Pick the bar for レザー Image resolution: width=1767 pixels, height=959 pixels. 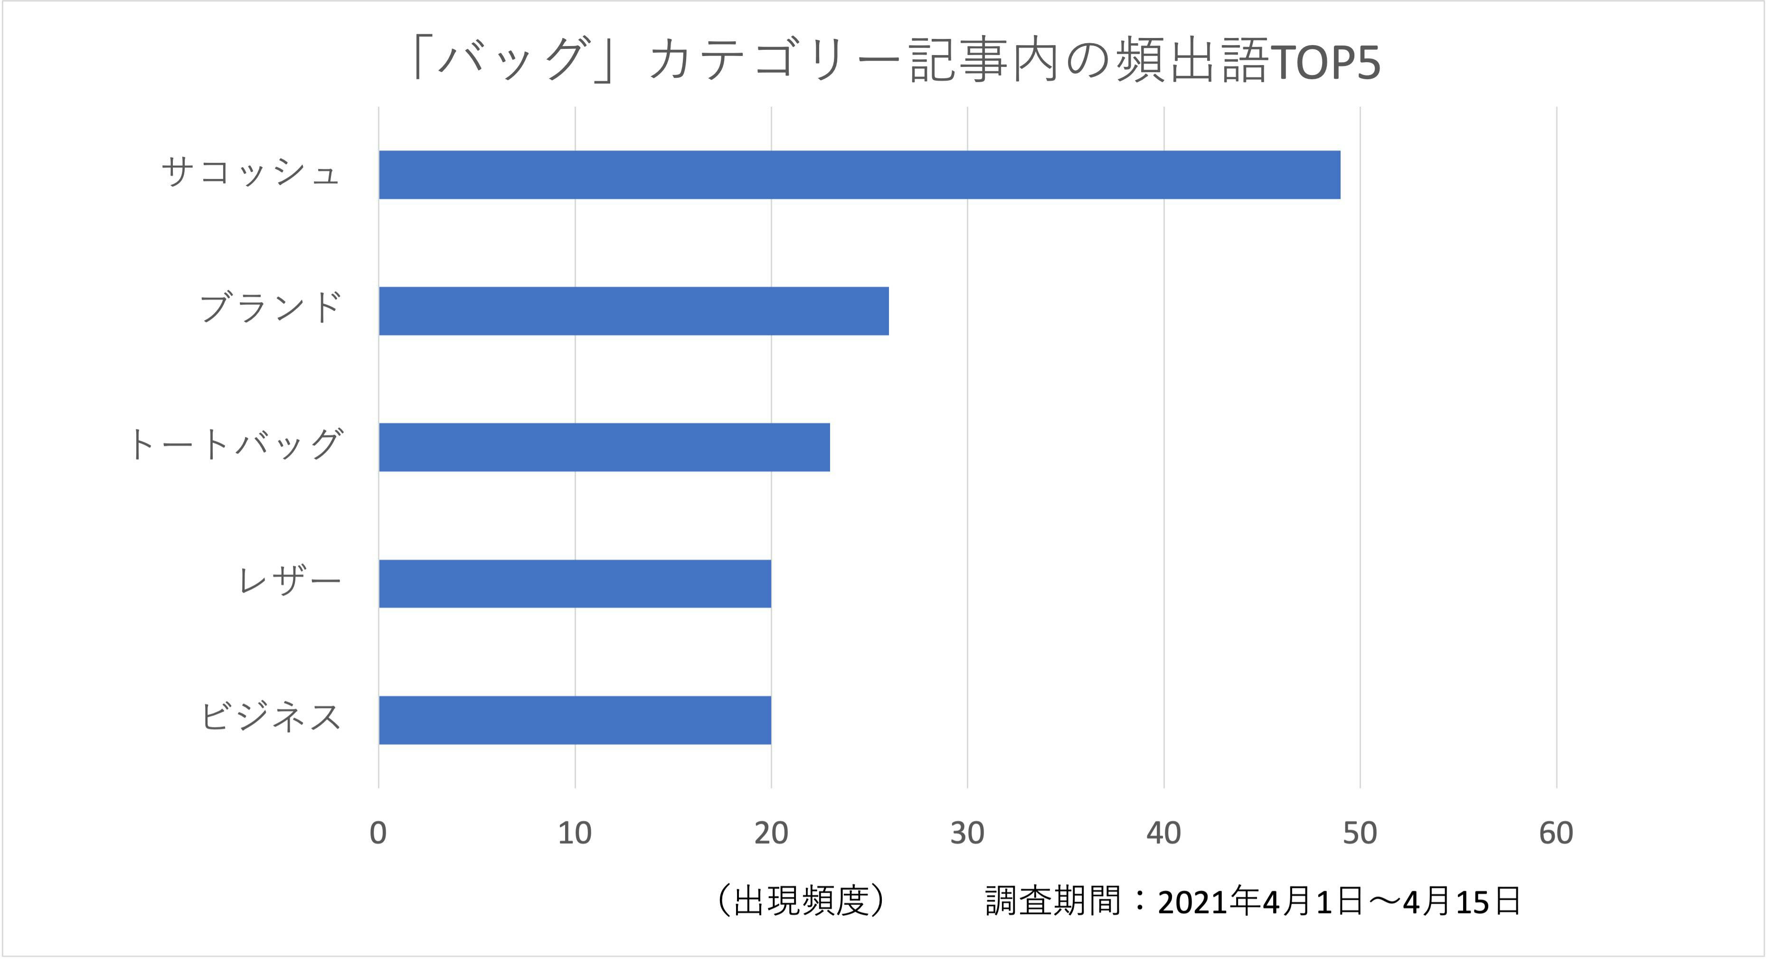tap(575, 583)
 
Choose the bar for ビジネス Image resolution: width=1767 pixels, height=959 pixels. tap(575, 720)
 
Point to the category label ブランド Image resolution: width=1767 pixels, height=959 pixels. tap(270, 308)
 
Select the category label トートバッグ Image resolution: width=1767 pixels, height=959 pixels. tap(235, 444)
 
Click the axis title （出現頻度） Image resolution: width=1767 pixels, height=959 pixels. tap(801, 901)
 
